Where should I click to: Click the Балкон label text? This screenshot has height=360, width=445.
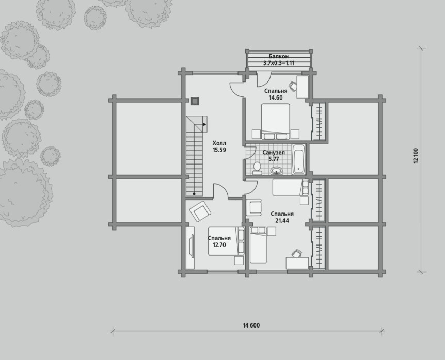278,56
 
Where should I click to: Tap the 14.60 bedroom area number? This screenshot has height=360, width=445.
275,97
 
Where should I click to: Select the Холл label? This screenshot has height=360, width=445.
219,143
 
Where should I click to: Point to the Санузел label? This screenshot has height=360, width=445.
274,153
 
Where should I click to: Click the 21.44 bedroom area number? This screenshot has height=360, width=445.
282,221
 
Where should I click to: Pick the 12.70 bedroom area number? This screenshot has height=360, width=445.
219,245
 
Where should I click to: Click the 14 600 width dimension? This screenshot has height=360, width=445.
251,325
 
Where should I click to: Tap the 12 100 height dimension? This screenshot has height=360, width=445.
416,156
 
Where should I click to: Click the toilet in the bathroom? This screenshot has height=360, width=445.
257,168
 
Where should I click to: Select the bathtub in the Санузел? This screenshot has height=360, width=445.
299,159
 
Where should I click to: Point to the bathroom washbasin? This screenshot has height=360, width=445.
276,171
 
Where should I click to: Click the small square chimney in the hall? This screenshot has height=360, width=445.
195,101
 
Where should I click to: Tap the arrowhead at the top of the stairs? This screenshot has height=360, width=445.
204,124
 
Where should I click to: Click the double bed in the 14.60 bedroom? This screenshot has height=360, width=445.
276,122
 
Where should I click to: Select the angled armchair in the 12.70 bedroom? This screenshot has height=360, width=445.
200,211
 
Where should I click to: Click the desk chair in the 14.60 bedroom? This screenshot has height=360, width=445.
293,85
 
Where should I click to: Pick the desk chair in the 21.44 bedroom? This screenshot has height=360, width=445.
296,254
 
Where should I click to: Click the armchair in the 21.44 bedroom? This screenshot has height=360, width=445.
253,207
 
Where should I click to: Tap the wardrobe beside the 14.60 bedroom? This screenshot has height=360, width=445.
318,121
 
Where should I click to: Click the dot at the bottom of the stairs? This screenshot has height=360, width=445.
194,194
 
